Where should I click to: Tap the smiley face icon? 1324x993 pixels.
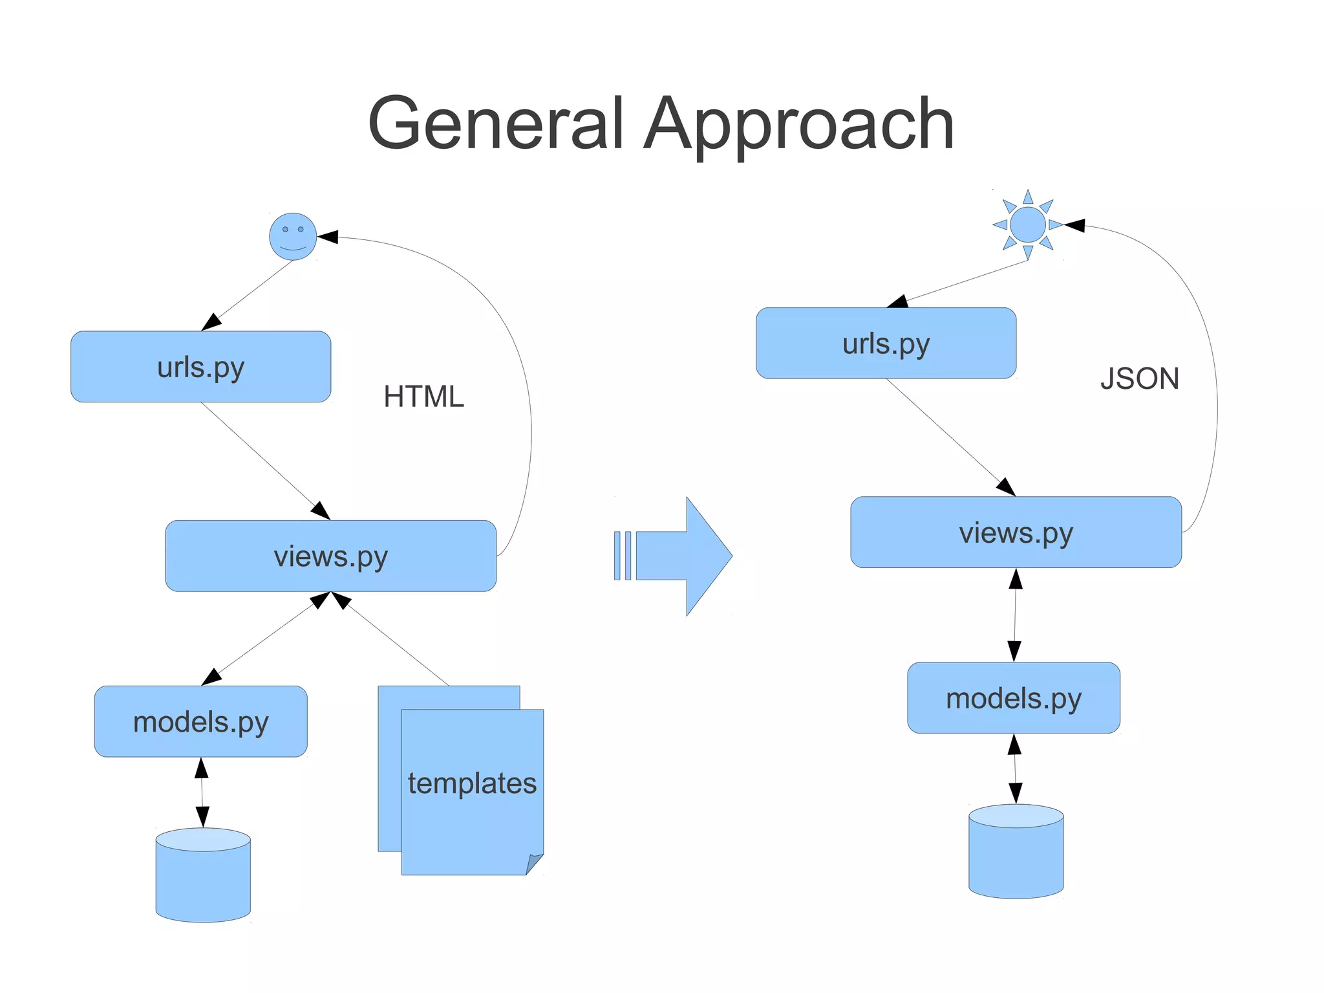[x=293, y=237]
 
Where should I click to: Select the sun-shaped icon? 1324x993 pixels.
[x=1027, y=224]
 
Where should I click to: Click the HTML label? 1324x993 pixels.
[x=423, y=397]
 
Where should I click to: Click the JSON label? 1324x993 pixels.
[x=1140, y=379]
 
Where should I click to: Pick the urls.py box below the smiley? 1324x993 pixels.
[x=200, y=367]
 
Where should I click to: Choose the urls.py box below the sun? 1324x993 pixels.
[x=886, y=344]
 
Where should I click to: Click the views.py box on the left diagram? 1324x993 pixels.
[x=330, y=556]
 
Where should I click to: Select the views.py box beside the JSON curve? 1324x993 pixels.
[x=1016, y=532]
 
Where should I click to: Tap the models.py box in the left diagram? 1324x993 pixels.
[x=200, y=721]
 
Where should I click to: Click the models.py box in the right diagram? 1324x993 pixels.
[x=1013, y=698]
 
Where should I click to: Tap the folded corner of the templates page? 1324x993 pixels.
[x=534, y=864]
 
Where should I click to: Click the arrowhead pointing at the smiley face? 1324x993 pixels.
[x=328, y=237]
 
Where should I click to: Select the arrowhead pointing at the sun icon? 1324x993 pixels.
[x=1074, y=225]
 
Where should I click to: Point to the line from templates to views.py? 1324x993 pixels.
[x=398, y=644]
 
